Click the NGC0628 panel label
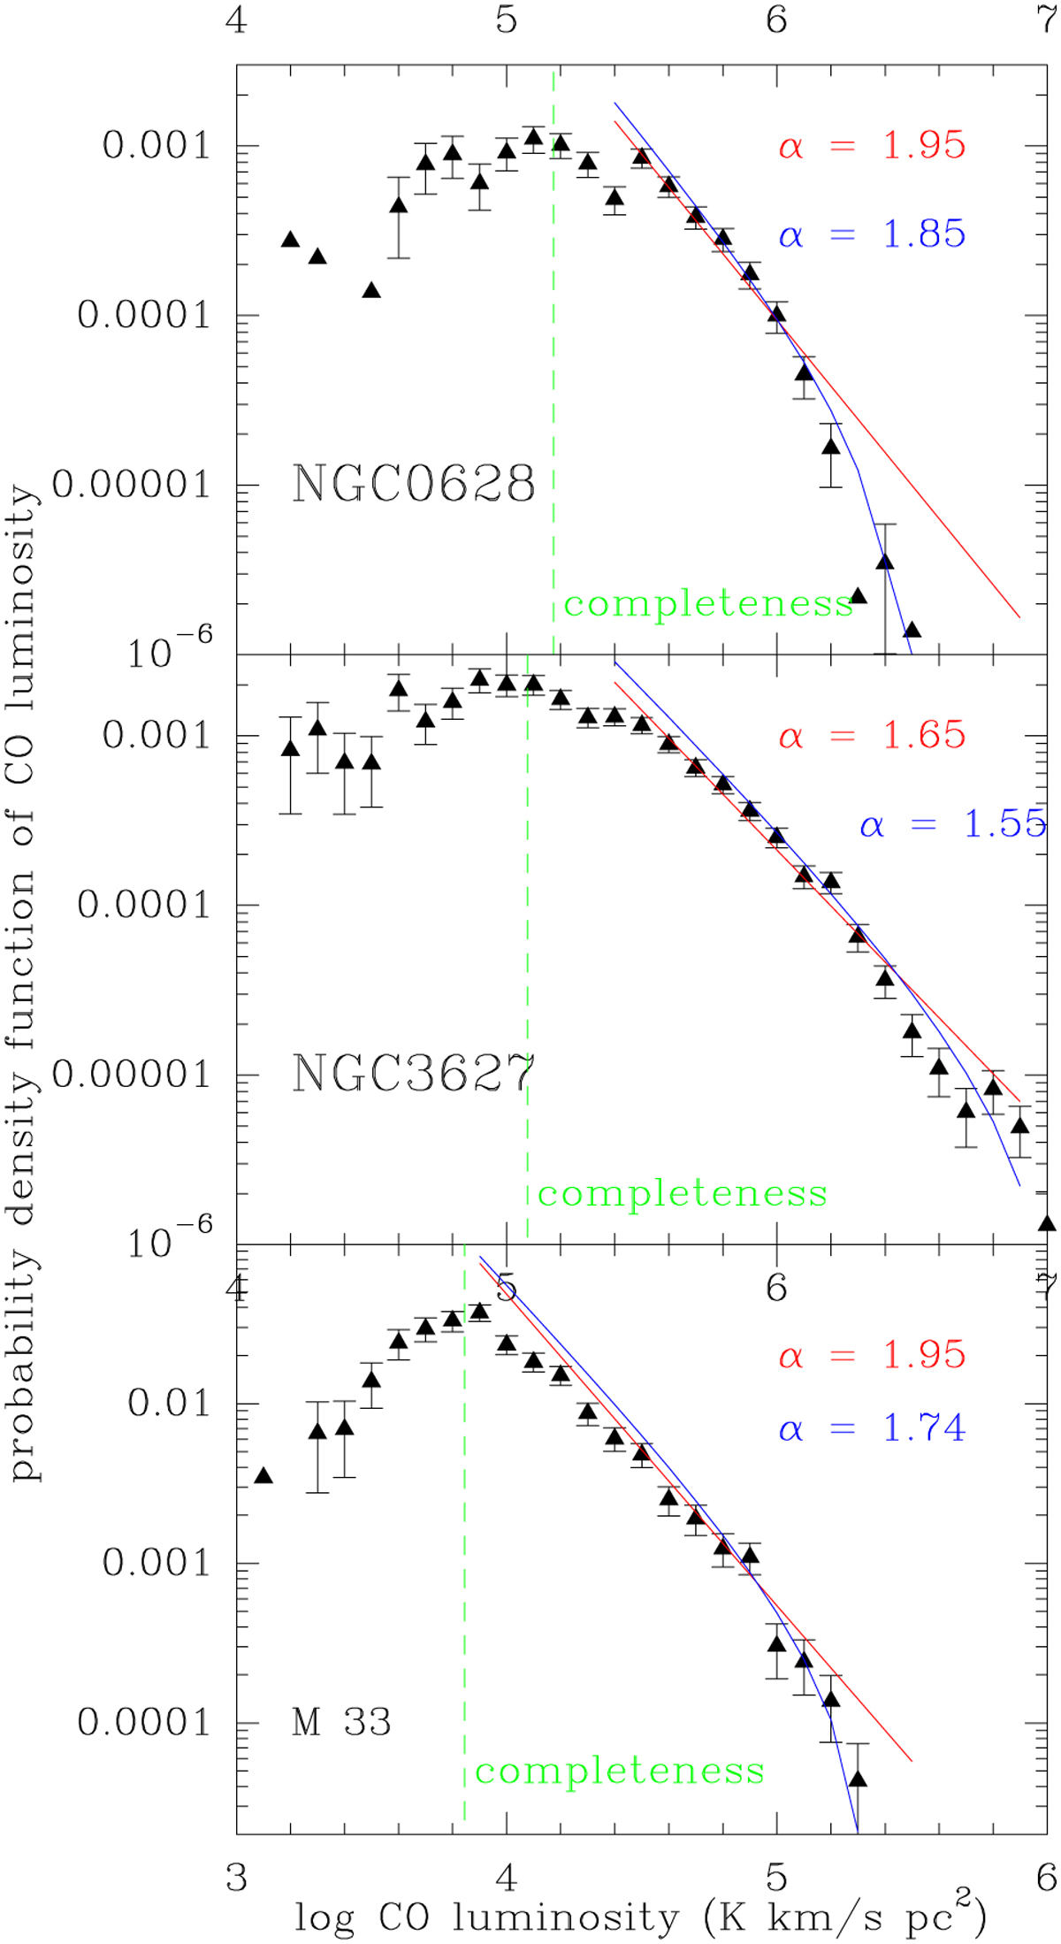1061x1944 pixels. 414,485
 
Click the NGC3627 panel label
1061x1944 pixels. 414,1074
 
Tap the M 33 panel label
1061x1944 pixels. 341,1722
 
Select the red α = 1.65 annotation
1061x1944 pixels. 872,736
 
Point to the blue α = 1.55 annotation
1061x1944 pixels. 953,825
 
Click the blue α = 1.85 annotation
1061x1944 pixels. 872,234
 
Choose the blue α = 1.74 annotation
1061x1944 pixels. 872,1428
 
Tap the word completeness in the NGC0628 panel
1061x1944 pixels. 708,604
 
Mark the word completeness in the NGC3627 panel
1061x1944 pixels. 683,1194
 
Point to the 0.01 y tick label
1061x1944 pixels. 169,1403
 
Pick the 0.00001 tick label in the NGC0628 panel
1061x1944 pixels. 132,485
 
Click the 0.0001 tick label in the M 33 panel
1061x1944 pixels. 144,1722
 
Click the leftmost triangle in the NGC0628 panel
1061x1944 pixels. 290,240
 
